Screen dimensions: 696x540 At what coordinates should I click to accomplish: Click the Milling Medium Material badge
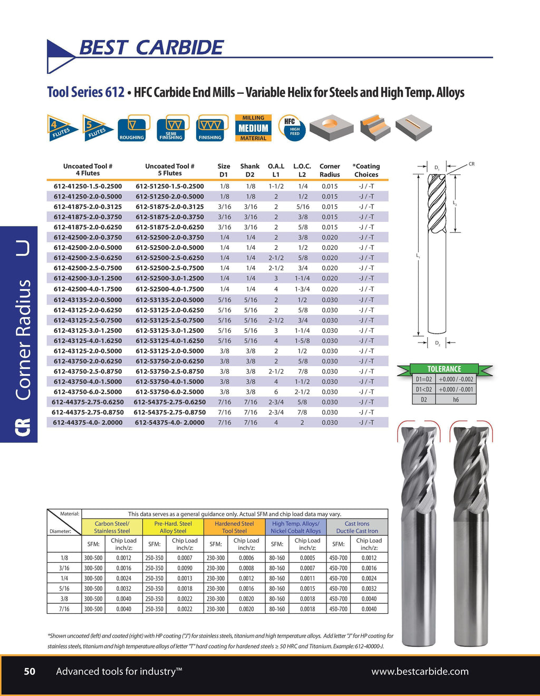(x=253, y=128)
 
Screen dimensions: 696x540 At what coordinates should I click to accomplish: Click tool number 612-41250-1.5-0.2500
(x=88, y=186)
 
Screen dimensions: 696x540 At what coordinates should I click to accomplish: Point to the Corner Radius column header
(x=330, y=170)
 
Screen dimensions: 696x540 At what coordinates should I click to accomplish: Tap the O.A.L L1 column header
(x=276, y=170)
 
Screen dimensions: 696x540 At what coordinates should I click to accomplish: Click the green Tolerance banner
(x=444, y=369)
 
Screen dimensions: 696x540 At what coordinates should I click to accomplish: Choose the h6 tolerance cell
(x=456, y=399)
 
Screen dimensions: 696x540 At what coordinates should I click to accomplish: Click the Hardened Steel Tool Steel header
(x=234, y=527)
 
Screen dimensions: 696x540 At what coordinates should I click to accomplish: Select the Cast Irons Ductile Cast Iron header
(x=357, y=527)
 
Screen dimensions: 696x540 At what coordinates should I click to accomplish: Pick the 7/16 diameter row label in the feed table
(x=64, y=609)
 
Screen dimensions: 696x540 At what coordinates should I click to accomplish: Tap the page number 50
(x=30, y=671)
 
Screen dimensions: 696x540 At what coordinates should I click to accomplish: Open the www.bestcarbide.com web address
(x=420, y=671)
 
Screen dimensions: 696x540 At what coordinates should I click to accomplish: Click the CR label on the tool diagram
(x=471, y=164)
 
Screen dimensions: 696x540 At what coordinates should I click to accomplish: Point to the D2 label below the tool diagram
(x=438, y=344)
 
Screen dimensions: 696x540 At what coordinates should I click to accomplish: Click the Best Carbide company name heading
(x=151, y=47)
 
